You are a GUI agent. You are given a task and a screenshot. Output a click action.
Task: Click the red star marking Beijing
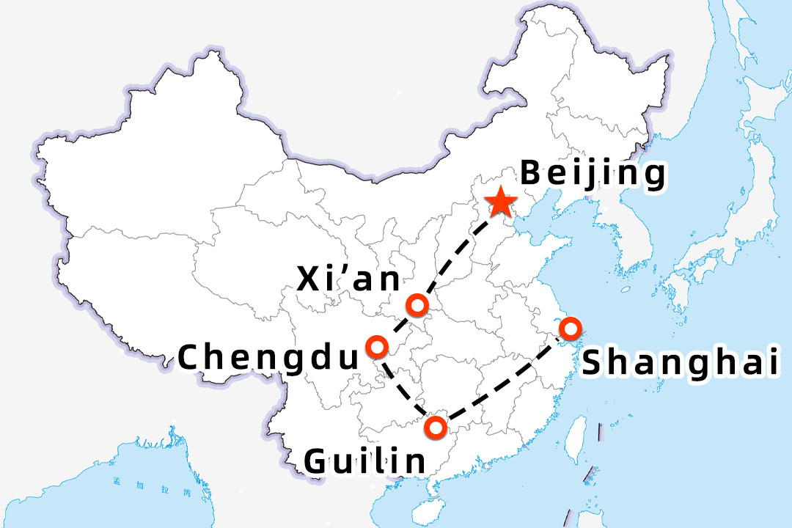pyautogui.click(x=501, y=202)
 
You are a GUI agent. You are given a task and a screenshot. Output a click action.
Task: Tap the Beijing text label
pyautogui.click(x=593, y=175)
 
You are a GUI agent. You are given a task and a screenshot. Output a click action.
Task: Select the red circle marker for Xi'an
pyautogui.click(x=417, y=305)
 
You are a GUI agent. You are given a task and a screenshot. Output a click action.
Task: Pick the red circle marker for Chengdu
pyautogui.click(x=377, y=345)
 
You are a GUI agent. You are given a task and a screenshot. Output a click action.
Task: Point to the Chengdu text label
pyautogui.click(x=269, y=358)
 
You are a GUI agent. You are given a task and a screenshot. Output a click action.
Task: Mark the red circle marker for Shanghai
pyautogui.click(x=569, y=328)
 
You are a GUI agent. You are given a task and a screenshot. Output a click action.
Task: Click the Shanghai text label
pyautogui.click(x=680, y=362)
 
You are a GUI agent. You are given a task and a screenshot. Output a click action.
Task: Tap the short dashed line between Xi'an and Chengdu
pyautogui.click(x=397, y=326)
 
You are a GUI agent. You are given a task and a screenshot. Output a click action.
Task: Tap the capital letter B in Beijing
pyautogui.click(x=529, y=174)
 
